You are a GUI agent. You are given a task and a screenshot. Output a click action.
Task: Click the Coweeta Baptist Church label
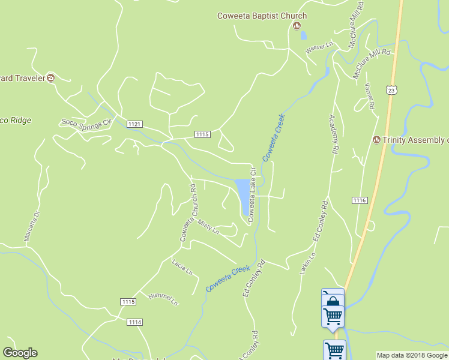click(x=262, y=16)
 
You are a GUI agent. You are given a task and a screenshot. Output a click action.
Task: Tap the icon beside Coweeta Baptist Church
click(x=297, y=26)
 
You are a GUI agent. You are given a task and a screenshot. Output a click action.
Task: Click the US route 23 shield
click(x=391, y=90)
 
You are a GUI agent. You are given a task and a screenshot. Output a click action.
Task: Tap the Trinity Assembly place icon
click(x=376, y=140)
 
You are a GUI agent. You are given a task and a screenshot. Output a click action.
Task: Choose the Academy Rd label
click(x=334, y=133)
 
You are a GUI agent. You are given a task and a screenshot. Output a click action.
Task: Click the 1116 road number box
click(x=360, y=200)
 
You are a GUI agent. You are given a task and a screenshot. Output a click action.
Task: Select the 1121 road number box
click(x=134, y=124)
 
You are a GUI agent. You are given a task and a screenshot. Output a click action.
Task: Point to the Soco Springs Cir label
click(x=87, y=122)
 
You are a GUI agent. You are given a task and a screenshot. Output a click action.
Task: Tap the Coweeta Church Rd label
click(x=188, y=213)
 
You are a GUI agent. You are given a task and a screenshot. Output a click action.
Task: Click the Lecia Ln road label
click(x=182, y=267)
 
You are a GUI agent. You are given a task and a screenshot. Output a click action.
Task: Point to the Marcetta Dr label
click(x=31, y=226)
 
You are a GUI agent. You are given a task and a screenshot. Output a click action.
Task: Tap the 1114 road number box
click(x=135, y=322)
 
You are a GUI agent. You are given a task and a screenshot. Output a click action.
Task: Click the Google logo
click(x=20, y=353)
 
